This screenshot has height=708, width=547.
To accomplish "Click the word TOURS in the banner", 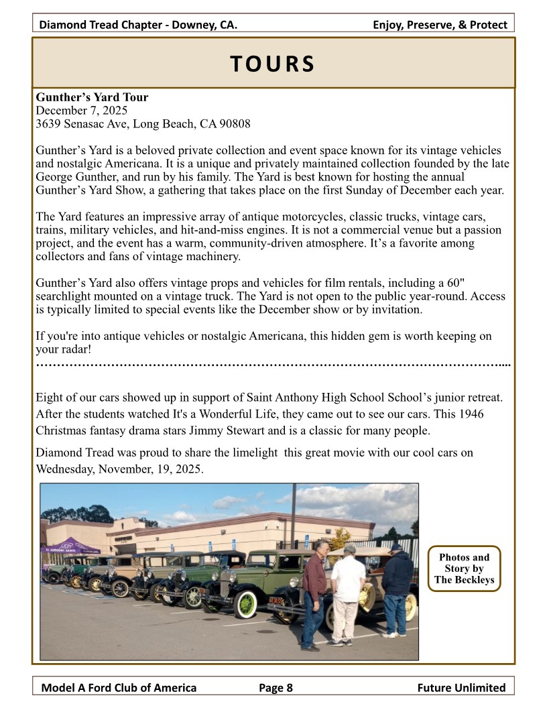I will click(272, 63).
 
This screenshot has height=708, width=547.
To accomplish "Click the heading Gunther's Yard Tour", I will click(92, 97).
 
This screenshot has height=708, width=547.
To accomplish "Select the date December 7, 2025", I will click(81, 110).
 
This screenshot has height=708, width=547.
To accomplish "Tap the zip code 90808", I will click(236, 123).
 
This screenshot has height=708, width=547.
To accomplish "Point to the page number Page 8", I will click(276, 687).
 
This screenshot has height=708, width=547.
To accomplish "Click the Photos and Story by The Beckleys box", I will click(464, 569).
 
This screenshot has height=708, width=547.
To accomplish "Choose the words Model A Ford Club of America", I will click(119, 687).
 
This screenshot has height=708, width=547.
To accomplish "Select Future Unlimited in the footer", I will click(461, 687).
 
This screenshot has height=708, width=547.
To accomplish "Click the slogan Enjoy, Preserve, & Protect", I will click(440, 25).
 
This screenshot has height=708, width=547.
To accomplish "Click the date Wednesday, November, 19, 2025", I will click(119, 469).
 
